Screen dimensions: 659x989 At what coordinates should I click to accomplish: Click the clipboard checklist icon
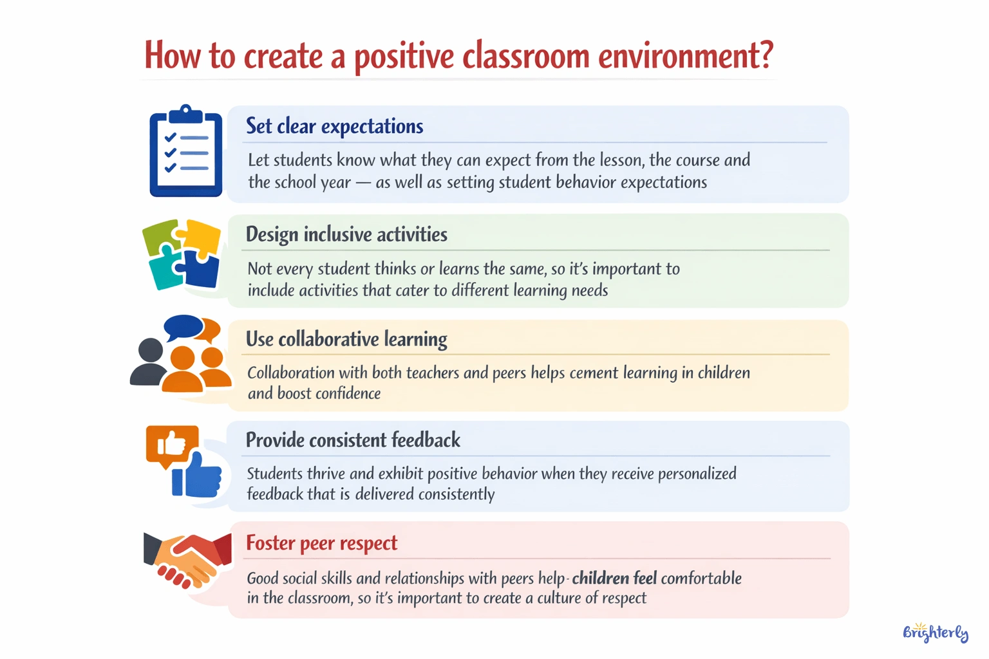pos(185,152)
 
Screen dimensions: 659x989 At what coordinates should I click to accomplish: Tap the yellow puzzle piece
pos(201,237)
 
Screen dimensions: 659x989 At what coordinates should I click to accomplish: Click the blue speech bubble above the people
pos(184,327)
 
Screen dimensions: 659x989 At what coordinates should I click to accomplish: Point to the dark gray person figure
pos(149,363)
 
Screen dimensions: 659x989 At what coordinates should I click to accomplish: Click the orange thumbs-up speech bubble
pos(171,444)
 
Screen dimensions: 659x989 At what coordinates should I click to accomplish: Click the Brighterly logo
pos(935,633)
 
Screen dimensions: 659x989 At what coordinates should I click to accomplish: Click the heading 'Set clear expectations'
pos(334,126)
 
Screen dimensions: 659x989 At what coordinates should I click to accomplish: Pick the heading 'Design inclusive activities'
pos(346,234)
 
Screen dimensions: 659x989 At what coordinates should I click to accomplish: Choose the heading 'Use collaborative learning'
pos(346,339)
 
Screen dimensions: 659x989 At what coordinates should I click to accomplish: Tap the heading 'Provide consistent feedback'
pos(353,440)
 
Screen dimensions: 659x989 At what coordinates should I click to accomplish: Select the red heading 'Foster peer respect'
pos(321,543)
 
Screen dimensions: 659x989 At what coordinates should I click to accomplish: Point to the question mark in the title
pos(766,55)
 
